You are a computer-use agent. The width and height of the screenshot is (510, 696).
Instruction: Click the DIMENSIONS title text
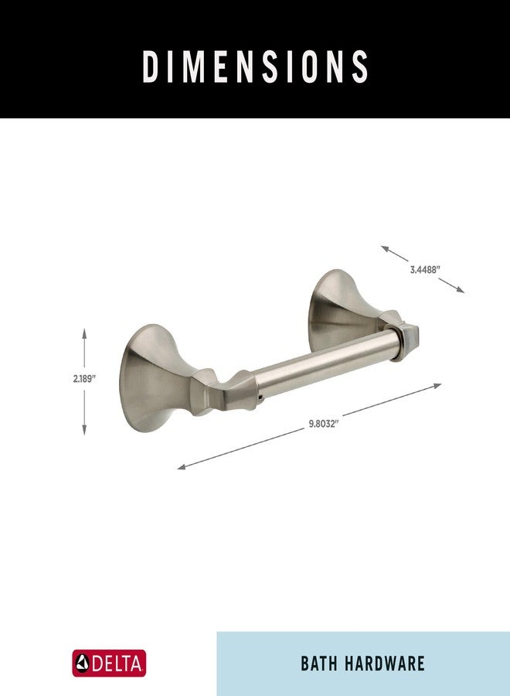tap(255, 67)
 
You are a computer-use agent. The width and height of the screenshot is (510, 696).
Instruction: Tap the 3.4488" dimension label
tap(424, 270)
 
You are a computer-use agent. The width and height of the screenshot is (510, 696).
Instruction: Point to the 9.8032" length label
tap(325, 424)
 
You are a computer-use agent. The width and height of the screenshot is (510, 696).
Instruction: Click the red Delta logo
tap(109, 664)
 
